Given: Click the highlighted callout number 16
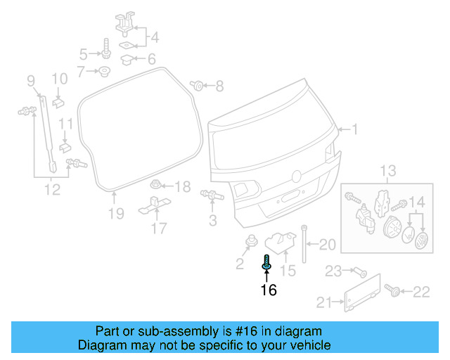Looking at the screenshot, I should click(x=268, y=290).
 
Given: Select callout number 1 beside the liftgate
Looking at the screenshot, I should click(x=355, y=129).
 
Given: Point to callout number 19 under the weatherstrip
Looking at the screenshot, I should click(x=116, y=213).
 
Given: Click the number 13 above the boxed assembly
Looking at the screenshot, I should click(x=388, y=171).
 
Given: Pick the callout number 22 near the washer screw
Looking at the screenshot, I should click(x=420, y=291).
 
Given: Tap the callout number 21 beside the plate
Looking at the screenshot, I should click(x=323, y=303).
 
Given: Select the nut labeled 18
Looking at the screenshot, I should click(x=157, y=186).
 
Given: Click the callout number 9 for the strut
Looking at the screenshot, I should click(x=31, y=82).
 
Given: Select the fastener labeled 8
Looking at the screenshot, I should click(x=198, y=86).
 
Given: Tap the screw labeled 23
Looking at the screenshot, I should click(x=357, y=271).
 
